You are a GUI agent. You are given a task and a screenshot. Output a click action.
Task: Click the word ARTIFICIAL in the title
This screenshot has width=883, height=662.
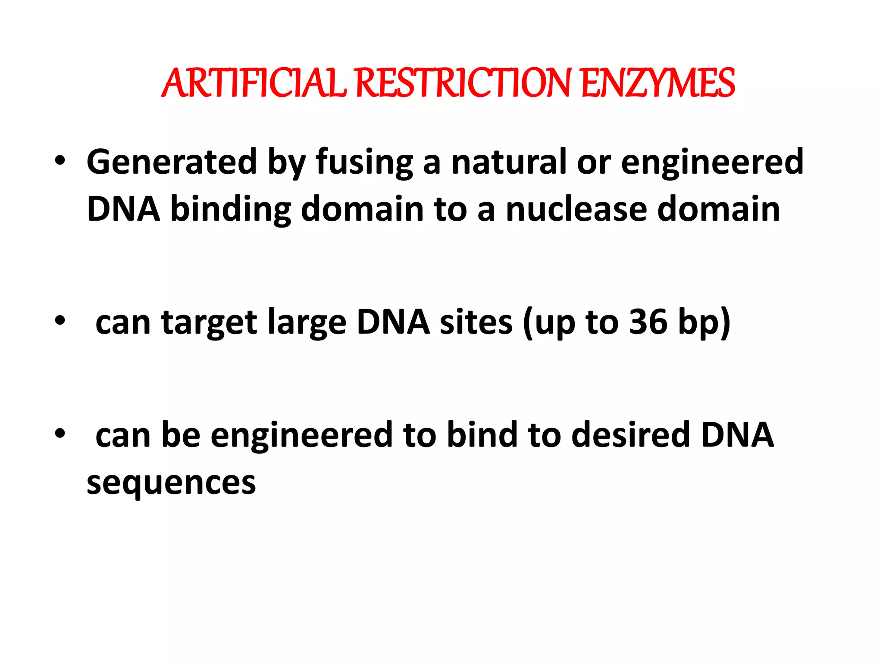tap(254, 83)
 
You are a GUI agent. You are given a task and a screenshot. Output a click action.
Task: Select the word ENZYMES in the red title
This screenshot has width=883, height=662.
tap(658, 83)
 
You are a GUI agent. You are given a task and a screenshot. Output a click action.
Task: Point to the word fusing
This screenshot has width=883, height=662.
tap(364, 163)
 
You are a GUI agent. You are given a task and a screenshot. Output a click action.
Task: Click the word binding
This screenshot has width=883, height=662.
tap(231, 209)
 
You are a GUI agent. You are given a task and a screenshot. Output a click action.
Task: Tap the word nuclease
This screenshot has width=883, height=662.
tap(576, 209)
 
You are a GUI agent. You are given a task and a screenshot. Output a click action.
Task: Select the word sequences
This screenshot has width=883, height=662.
tap(171, 483)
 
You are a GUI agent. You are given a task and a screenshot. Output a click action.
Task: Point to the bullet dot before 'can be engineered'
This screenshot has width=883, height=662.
tap(60, 434)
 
